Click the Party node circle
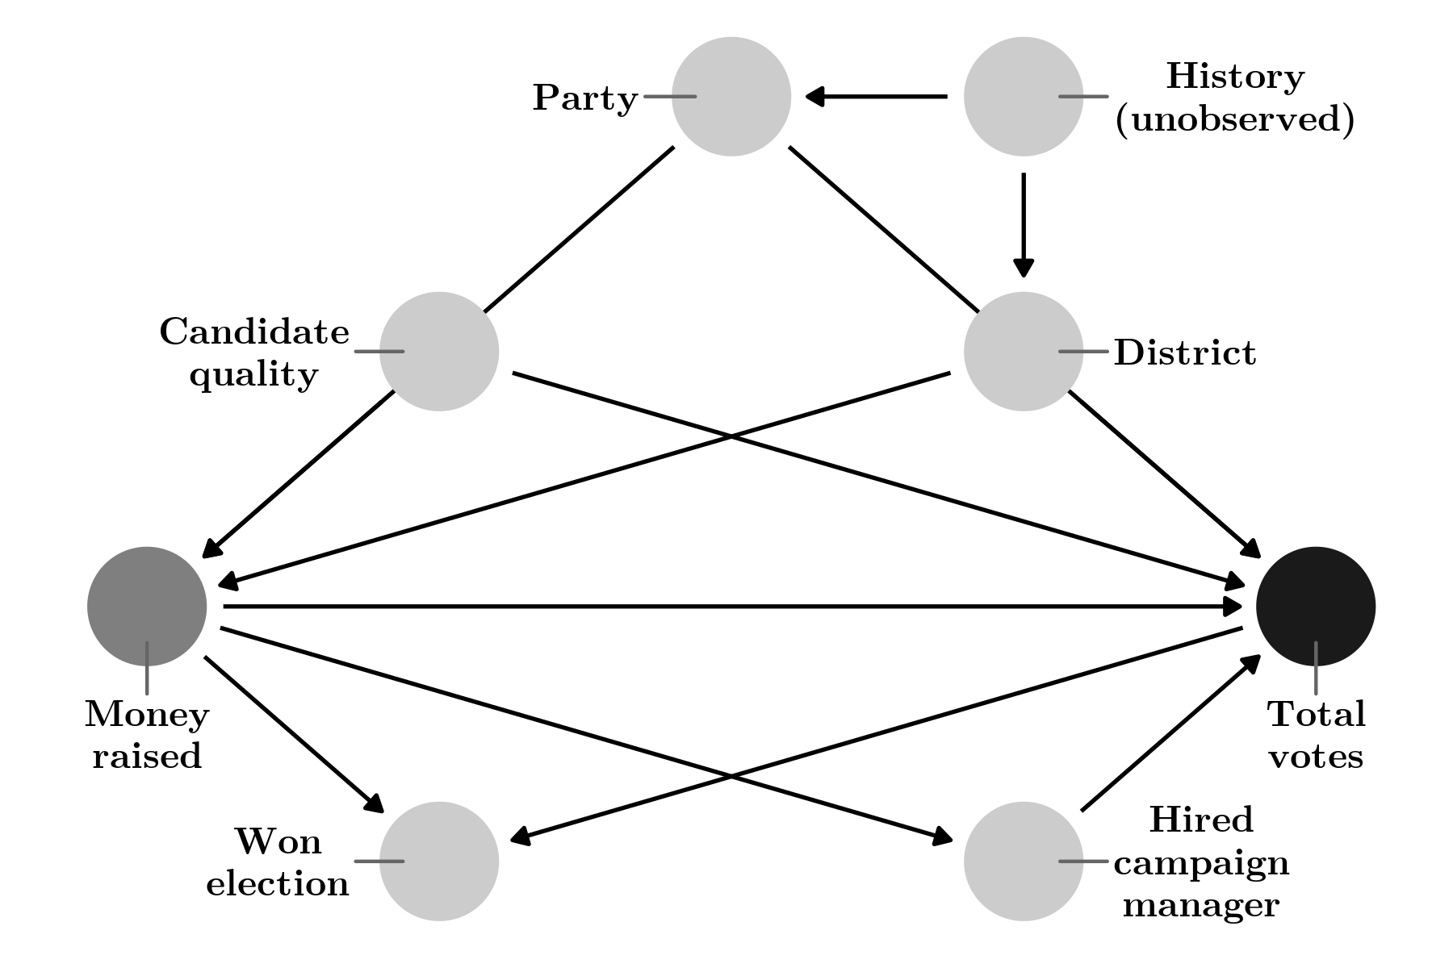(x=731, y=96)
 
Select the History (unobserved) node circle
(x=1024, y=96)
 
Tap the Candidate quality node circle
(x=439, y=352)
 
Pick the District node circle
(x=1024, y=352)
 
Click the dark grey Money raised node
(x=147, y=607)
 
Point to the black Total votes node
(x=1316, y=607)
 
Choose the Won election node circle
(x=439, y=862)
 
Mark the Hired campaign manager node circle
(x=1024, y=862)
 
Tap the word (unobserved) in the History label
(x=1235, y=119)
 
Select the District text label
(x=1184, y=353)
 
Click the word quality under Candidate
(x=253, y=374)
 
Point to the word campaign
(x=1201, y=863)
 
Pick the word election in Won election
(x=278, y=884)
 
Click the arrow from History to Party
(x=876, y=97)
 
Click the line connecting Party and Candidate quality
(x=579, y=229)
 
